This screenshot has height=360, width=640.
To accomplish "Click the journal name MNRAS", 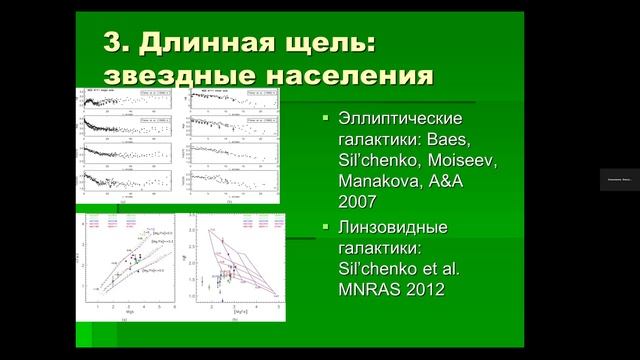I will (373, 290).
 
